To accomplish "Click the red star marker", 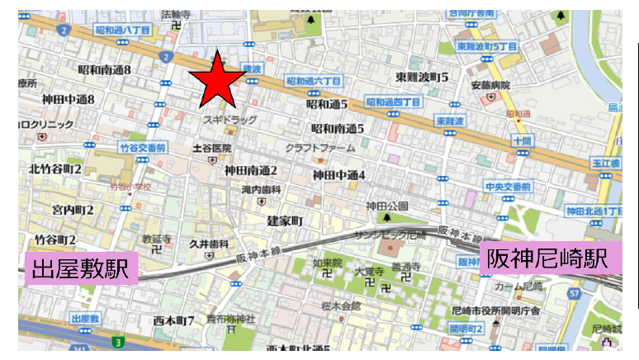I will pyautogui.click(x=218, y=80).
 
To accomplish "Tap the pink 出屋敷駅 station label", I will pyautogui.click(x=82, y=269).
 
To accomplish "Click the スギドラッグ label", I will pyautogui.click(x=230, y=121).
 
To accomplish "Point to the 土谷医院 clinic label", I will pyautogui.click(x=211, y=148).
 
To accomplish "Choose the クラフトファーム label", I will pyautogui.click(x=320, y=148).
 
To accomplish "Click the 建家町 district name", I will pyautogui.click(x=286, y=221).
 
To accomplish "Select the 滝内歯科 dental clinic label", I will pyautogui.click(x=262, y=189).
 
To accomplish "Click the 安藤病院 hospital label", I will pyautogui.click(x=490, y=85).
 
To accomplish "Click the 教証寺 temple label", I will pyautogui.click(x=156, y=238).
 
